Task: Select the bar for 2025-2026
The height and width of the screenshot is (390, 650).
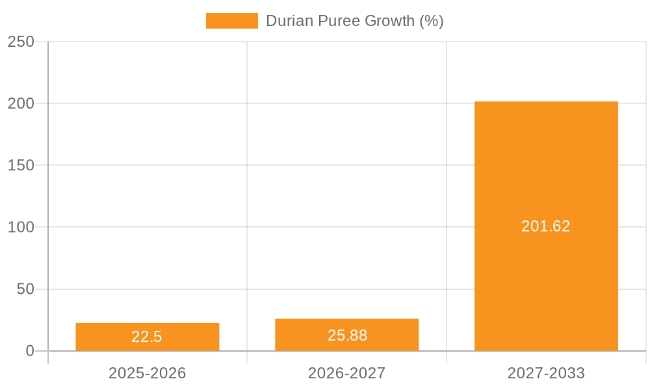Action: [x=147, y=328]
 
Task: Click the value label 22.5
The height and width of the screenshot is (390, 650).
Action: [x=147, y=337]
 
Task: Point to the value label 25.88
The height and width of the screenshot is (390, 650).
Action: [x=347, y=335]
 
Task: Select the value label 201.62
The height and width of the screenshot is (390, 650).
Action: [x=546, y=226]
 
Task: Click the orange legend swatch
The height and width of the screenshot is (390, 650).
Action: [x=231, y=21]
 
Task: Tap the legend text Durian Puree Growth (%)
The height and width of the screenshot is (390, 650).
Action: [x=355, y=21]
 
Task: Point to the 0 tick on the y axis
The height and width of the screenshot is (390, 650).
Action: [x=30, y=351]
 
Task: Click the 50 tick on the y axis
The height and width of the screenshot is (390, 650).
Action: [x=25, y=289]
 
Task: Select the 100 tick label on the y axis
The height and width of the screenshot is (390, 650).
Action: [x=21, y=227]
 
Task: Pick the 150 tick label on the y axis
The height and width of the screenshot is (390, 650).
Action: [x=21, y=166]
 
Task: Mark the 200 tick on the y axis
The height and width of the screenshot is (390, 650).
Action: [x=21, y=103]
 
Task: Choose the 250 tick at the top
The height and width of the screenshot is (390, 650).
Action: [x=21, y=42]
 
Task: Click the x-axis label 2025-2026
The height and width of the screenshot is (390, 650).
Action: [x=147, y=373]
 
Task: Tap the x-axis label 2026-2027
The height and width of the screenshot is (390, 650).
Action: [x=346, y=373]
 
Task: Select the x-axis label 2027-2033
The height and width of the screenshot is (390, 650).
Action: [x=546, y=373]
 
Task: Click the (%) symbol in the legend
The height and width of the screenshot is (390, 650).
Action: [x=432, y=21]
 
